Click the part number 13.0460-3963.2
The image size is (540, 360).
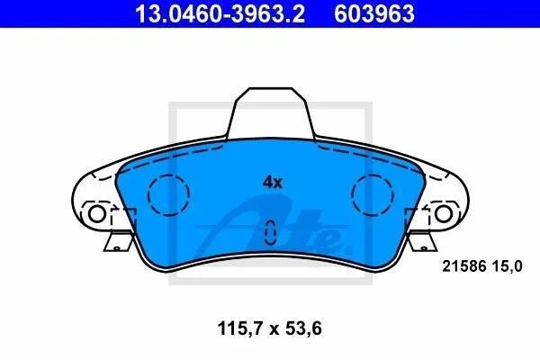pos(220,13)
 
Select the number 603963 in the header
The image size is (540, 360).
pos(374,13)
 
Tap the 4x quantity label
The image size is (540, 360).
pos(273,182)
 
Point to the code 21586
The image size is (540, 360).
pos(463,266)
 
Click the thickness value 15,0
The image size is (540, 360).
pos(508,266)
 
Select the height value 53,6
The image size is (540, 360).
pos(304,328)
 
